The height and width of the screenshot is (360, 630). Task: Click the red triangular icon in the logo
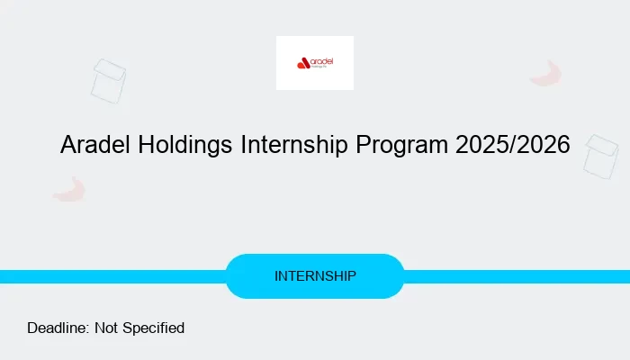302,63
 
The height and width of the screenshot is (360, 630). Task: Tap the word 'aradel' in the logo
321,61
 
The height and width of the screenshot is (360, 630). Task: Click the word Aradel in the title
94,145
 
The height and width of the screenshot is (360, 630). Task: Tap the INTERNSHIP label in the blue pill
315,275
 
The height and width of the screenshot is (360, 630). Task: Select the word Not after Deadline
107,328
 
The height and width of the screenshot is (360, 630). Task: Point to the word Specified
154,328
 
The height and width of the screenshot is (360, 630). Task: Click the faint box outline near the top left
109,80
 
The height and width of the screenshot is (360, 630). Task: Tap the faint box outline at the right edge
600,157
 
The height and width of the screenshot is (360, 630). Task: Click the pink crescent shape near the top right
546,74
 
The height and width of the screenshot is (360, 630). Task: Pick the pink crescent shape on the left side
69,189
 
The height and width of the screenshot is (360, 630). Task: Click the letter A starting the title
68,145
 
